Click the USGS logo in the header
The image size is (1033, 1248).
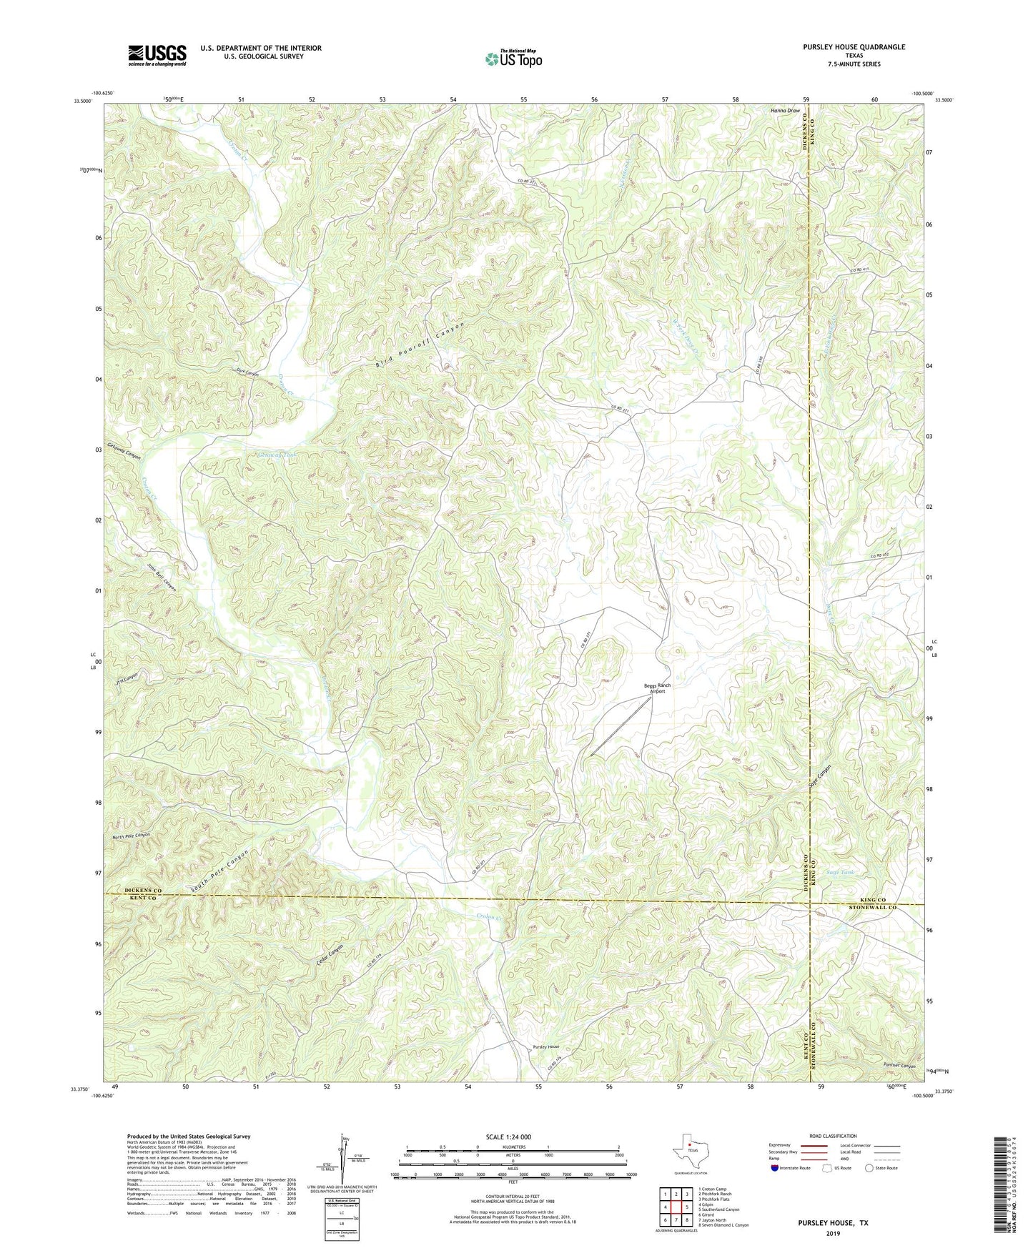pos(157,55)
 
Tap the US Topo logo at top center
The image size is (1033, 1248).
pos(513,59)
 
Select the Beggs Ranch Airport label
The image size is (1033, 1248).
pos(657,688)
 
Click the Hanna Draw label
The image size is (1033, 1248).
pos(784,111)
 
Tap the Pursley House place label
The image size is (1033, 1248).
pos(545,1046)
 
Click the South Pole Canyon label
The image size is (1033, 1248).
pos(219,871)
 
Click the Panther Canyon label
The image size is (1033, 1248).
pos(899,1066)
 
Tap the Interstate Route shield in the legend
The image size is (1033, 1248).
pos(776,1168)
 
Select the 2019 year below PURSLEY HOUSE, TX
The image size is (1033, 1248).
pos(833,1234)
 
